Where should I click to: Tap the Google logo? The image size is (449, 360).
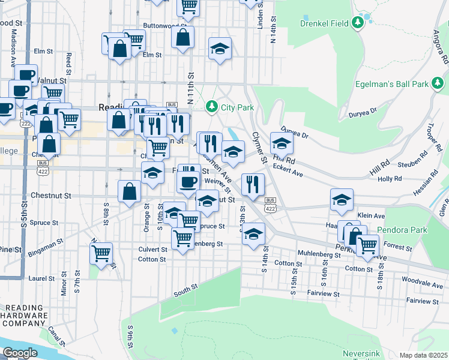pos(20,352)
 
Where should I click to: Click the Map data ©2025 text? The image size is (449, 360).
pos(423,355)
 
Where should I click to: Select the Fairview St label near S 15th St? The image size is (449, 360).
pos(323,294)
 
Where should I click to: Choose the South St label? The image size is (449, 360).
pos(185,291)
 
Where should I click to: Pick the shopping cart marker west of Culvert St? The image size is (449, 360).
pos(101,253)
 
